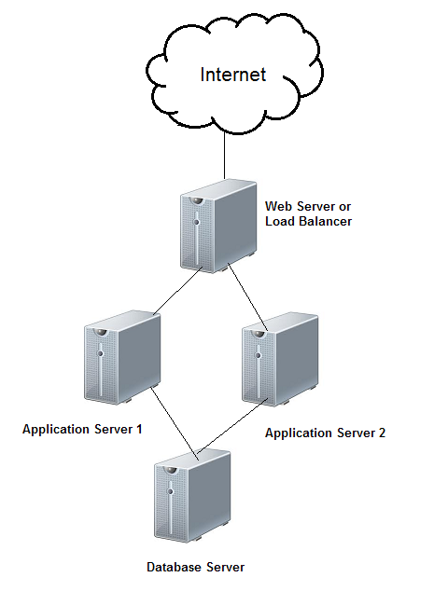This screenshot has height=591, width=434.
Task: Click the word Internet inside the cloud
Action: pos(232,75)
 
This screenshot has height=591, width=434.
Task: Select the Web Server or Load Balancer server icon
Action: pos(218,227)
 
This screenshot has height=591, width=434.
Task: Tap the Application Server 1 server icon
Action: pos(122,358)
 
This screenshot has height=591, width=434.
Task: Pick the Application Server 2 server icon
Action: pos(280,359)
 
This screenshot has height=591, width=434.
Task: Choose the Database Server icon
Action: pos(192,496)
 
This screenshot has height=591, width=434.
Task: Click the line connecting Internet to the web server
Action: pos(225,156)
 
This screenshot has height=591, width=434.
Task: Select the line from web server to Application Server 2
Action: pos(248,297)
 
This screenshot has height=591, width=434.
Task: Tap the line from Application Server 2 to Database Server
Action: pos(232,425)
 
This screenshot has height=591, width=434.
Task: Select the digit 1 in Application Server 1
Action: pos(138,429)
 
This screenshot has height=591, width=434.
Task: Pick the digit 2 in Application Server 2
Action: pos(382,433)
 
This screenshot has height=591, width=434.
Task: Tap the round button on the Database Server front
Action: pos(171,491)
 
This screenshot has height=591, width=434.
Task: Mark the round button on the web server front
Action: pos(196,222)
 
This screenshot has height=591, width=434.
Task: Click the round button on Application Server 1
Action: pos(100,353)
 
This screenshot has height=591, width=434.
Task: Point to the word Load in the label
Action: pos(280,221)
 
